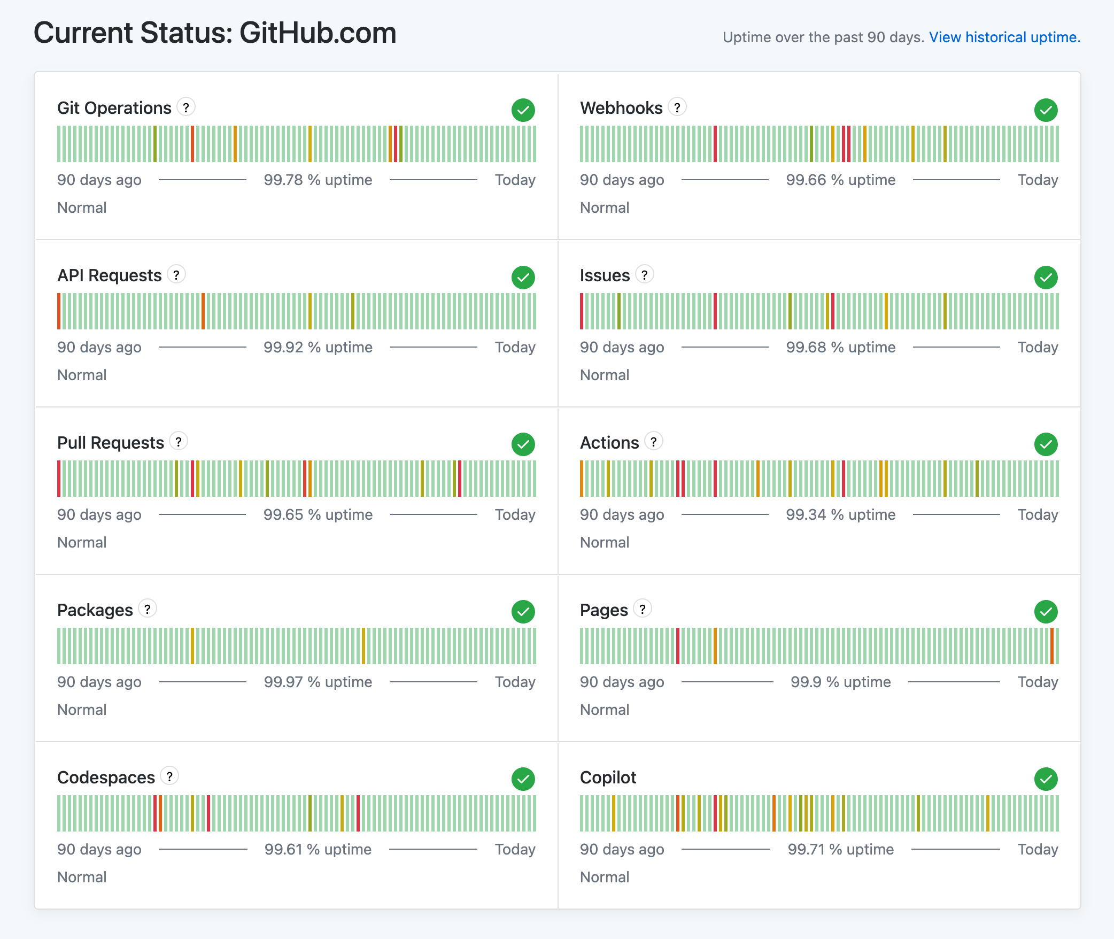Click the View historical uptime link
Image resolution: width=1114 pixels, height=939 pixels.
[x=1004, y=37]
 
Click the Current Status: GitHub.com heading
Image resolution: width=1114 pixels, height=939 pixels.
[x=215, y=33]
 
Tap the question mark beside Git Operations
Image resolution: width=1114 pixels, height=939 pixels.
[x=186, y=107]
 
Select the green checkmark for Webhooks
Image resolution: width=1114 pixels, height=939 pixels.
[x=1046, y=110]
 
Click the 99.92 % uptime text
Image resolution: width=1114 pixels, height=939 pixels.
[x=318, y=348]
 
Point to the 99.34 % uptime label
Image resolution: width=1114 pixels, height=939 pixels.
[x=840, y=515]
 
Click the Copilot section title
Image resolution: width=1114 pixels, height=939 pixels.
[x=608, y=778]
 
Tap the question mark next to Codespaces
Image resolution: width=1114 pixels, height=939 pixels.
[x=169, y=776]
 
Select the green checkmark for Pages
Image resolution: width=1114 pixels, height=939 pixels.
[x=1046, y=612]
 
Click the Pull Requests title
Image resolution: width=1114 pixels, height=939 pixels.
[x=111, y=443]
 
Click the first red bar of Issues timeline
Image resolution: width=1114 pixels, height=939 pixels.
[x=582, y=311]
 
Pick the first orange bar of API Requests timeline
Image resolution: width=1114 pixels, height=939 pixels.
[x=59, y=311]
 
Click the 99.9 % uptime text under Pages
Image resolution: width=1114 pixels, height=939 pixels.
[x=840, y=682]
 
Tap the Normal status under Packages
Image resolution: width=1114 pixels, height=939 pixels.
[x=82, y=710]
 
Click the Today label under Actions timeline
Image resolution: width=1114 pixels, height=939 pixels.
[x=1038, y=515]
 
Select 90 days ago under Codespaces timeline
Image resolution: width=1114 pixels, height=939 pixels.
[x=99, y=850]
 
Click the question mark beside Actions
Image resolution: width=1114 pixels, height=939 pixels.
[x=653, y=442]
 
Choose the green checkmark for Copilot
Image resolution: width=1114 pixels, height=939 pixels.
[x=1046, y=779]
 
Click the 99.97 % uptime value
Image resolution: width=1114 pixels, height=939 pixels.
[x=318, y=682]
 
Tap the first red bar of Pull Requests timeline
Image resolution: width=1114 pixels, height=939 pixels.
[x=59, y=479]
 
